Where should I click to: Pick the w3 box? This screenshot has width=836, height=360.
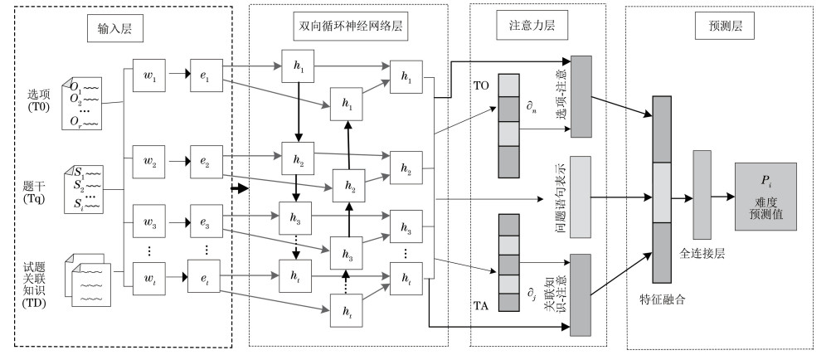[151, 224]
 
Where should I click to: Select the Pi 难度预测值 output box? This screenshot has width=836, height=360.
[765, 197]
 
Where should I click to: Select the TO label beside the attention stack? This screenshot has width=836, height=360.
[482, 85]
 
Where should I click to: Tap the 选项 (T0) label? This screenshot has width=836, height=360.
[36, 101]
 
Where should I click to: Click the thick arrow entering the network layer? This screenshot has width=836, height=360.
[240, 188]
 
